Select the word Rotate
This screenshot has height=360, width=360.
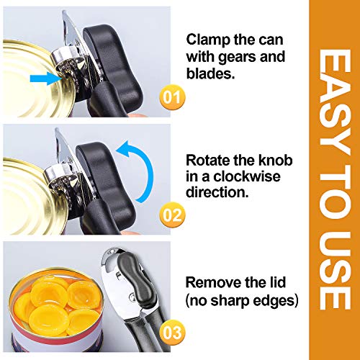point(207,160)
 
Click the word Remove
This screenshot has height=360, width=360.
point(211,282)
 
